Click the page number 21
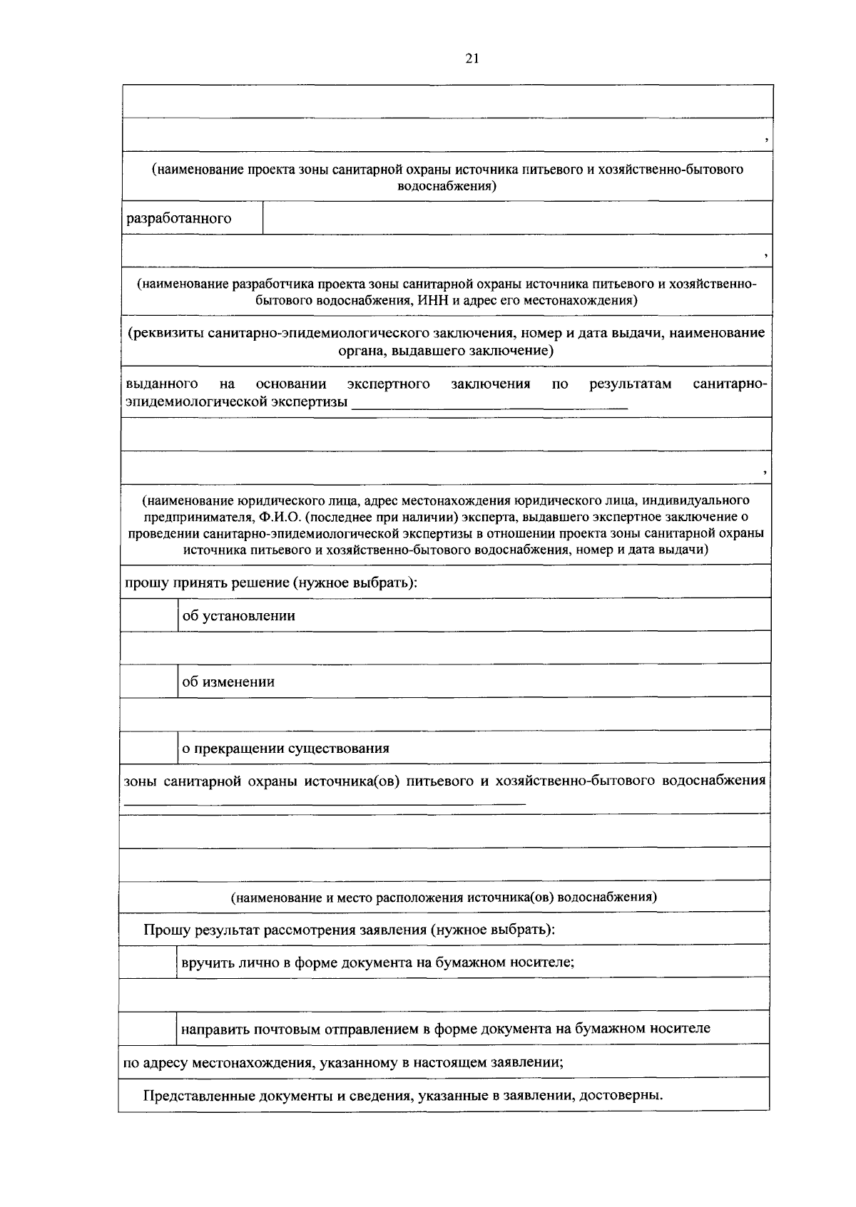(x=471, y=59)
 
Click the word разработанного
(x=178, y=218)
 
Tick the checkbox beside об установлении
(x=148, y=615)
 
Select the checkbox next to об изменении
(x=148, y=681)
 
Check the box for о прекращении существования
(x=148, y=747)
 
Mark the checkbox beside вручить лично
(x=148, y=962)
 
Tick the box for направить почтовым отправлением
(x=148, y=1028)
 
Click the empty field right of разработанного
(x=517, y=218)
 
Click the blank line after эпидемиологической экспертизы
(x=490, y=404)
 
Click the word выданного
(x=161, y=384)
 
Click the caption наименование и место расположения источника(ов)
(x=443, y=897)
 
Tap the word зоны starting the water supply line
(x=140, y=780)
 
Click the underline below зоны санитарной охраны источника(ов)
(x=325, y=803)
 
